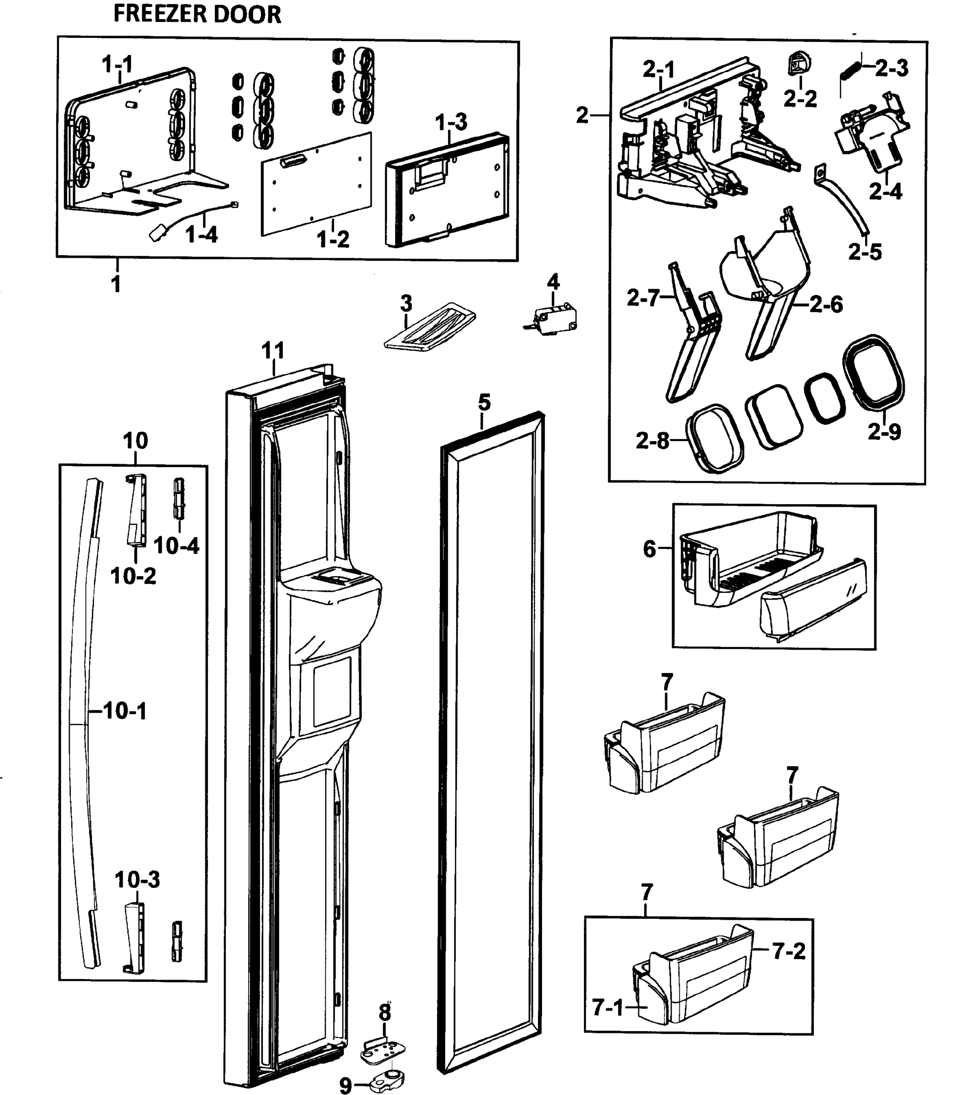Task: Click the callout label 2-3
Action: point(892,68)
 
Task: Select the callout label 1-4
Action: point(201,235)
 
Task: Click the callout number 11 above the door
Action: point(273,351)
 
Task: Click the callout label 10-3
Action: point(137,880)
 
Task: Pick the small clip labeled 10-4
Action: point(178,498)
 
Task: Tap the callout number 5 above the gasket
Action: point(484,402)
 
